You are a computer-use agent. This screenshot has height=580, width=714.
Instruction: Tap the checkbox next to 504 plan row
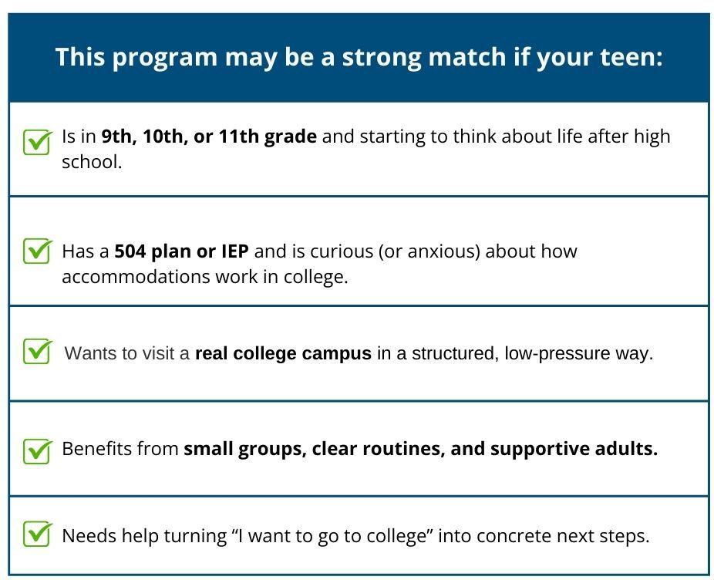[36, 251]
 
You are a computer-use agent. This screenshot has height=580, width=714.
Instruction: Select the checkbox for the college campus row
[36, 352]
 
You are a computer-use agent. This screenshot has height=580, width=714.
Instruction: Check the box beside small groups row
[36, 449]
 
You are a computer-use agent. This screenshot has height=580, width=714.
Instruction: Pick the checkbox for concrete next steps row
[36, 534]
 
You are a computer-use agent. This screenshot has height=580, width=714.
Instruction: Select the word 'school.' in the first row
[92, 163]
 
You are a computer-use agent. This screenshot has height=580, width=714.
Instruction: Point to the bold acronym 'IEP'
[234, 251]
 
